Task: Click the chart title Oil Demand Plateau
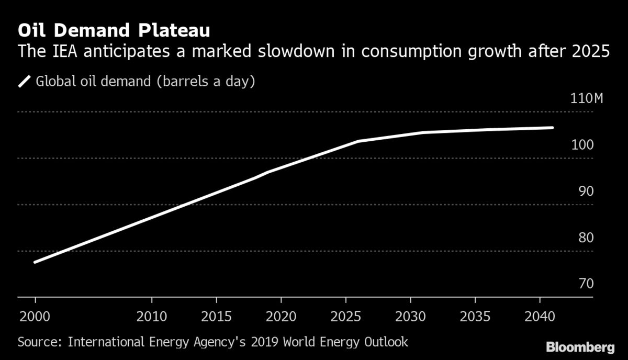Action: [114, 30]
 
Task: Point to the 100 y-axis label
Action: [582, 145]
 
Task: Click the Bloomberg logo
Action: [580, 347]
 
